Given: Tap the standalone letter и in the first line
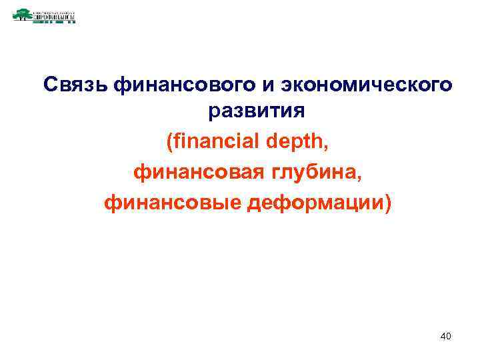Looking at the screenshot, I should coord(270,85).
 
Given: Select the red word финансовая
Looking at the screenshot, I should coord(193,173).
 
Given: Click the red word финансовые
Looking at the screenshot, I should coord(173,202).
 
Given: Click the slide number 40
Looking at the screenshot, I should coord(446,337).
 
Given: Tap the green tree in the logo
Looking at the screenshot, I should coord(22,14).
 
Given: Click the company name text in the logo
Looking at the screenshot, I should coord(53,13).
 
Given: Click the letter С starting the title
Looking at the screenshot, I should coord(50,85).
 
